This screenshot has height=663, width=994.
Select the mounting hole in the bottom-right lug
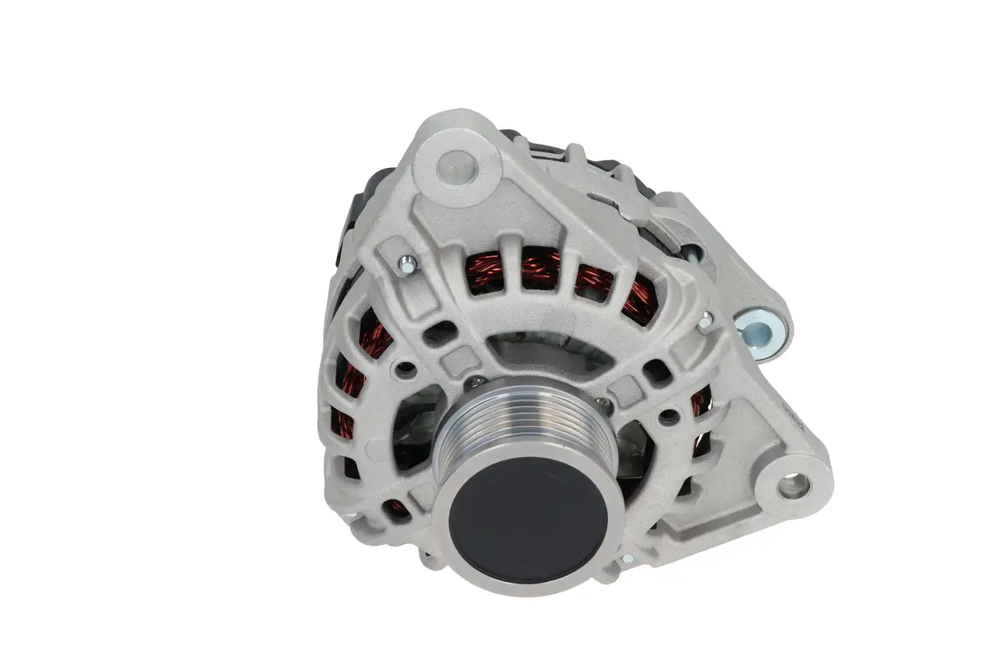(792, 487)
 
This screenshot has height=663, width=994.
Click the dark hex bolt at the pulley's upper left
(476, 382)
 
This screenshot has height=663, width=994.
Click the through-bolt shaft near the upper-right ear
(690, 251)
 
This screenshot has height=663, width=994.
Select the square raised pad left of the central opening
(454, 358)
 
